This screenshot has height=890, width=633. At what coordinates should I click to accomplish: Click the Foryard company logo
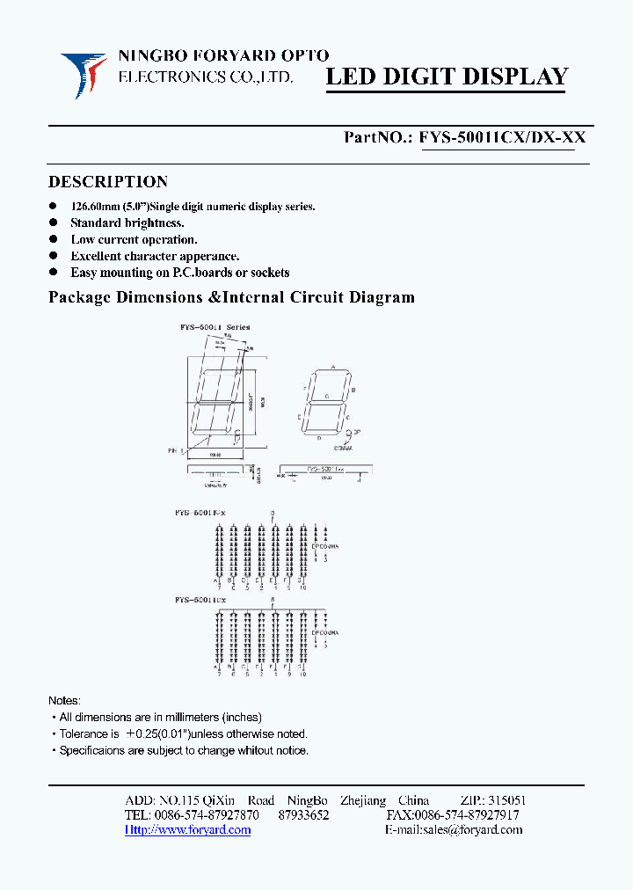(x=84, y=75)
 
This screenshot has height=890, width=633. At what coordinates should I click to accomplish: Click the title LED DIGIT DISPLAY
(x=447, y=77)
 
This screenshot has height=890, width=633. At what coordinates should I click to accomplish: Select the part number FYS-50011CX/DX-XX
(x=502, y=137)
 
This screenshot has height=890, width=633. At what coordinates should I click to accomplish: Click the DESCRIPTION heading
(x=108, y=182)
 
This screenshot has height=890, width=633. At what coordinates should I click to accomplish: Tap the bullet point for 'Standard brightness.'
(x=53, y=223)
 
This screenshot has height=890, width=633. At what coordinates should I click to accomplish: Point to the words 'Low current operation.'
(x=134, y=239)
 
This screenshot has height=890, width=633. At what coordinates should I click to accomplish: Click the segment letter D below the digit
(x=319, y=437)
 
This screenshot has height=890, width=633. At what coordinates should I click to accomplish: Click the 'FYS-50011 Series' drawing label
(x=215, y=327)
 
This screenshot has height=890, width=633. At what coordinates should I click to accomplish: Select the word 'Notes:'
(x=64, y=701)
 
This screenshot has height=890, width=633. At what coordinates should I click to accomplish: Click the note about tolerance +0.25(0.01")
(x=183, y=733)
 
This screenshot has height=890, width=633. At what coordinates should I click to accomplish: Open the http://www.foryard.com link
(x=188, y=830)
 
